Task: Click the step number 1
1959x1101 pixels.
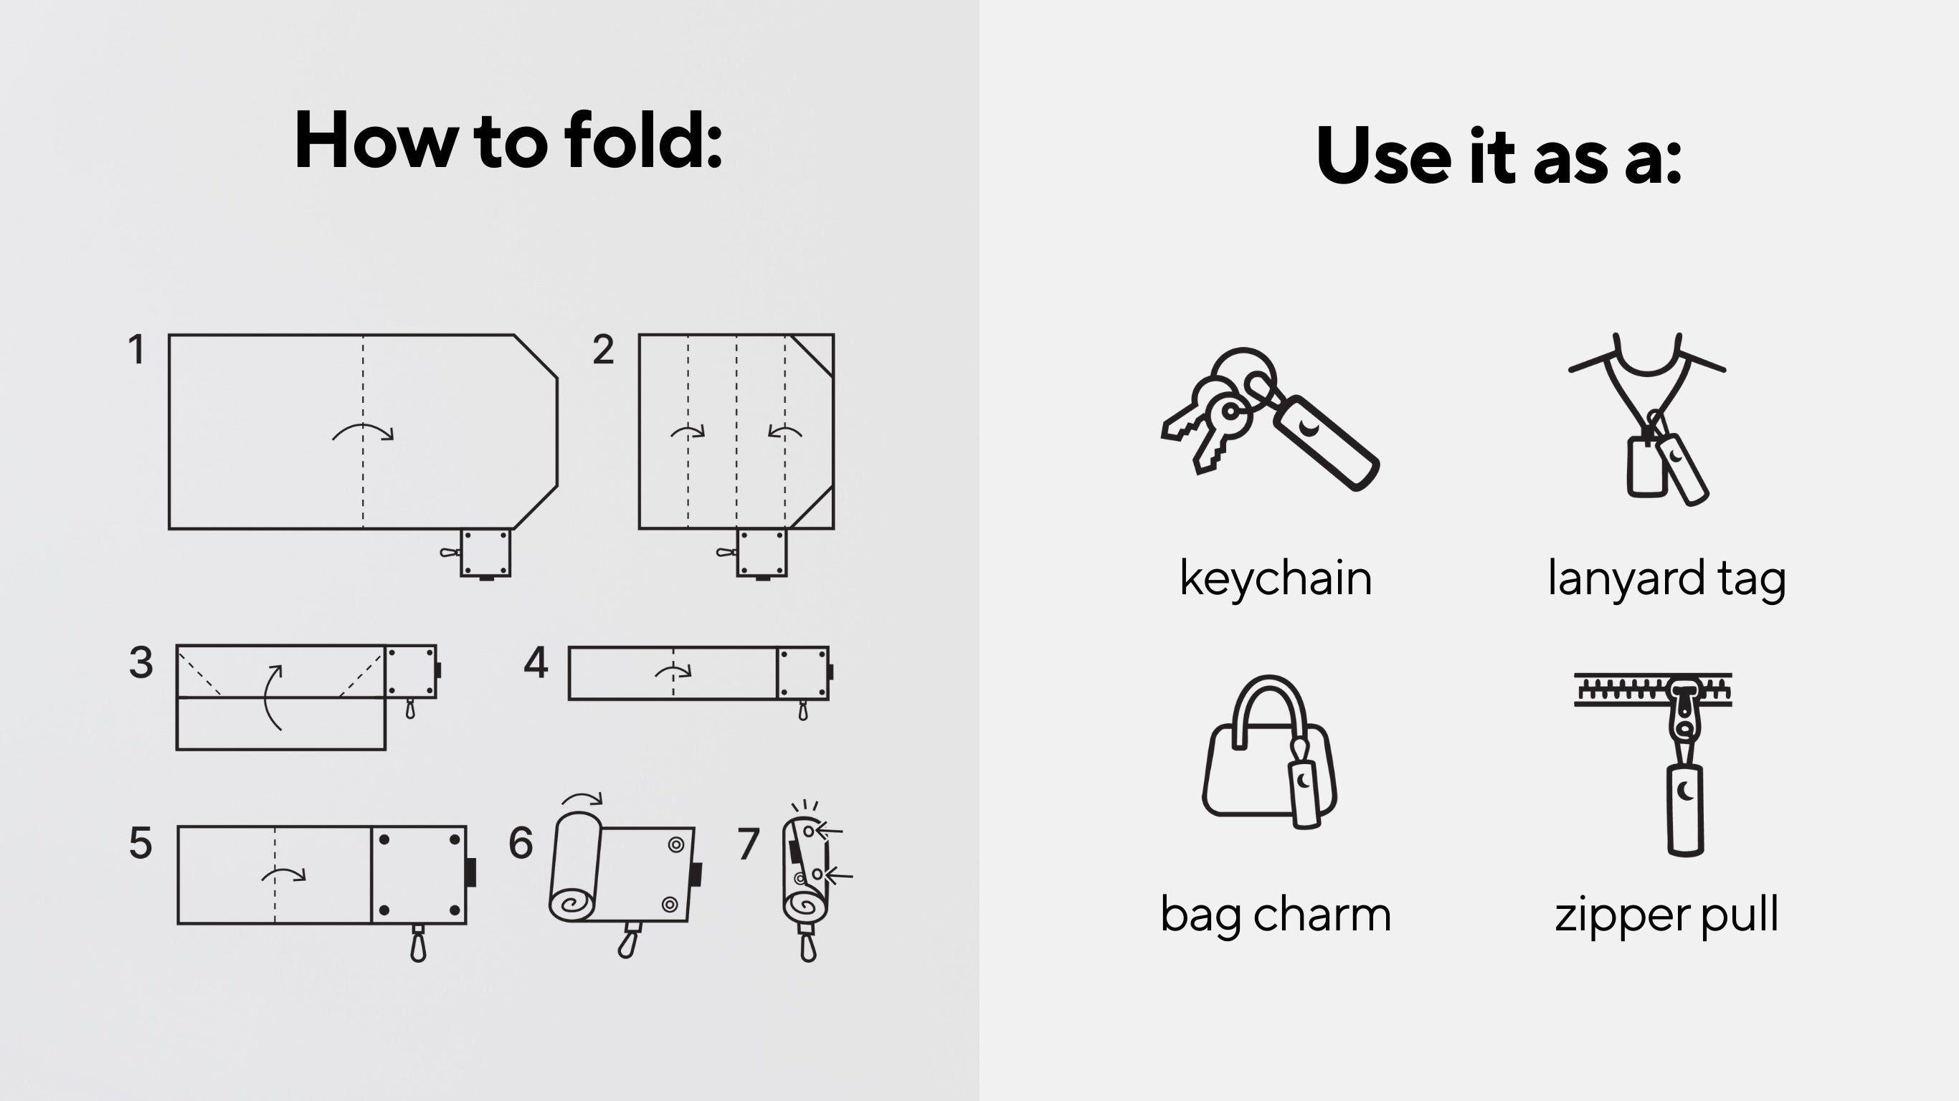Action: point(136,350)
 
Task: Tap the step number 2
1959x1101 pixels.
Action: point(603,350)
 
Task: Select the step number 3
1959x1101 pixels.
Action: point(141,662)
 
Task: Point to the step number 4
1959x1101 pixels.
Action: point(536,662)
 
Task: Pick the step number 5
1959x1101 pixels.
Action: point(141,843)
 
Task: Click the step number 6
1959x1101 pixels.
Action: point(521,843)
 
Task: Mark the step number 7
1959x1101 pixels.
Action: point(749,843)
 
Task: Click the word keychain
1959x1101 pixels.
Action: point(1276,579)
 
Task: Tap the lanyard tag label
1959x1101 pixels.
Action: point(1666,579)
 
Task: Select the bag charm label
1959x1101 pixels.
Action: point(1276,915)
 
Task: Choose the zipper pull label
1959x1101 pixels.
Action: point(1666,915)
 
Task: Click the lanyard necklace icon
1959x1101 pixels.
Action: point(1648,418)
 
